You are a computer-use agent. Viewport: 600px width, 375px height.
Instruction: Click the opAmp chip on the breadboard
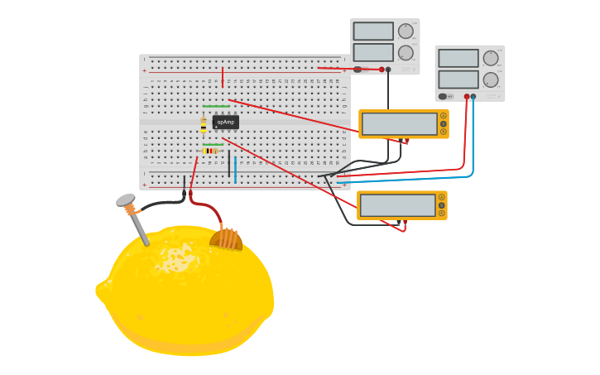(x=225, y=122)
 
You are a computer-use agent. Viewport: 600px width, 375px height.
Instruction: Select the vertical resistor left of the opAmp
(x=204, y=125)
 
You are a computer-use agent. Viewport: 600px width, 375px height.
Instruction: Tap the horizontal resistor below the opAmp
(x=209, y=151)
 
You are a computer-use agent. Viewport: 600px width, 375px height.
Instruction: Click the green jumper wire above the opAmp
(x=216, y=106)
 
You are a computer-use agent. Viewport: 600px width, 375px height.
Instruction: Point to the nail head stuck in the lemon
(x=125, y=200)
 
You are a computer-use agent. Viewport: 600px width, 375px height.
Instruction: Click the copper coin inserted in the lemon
(x=226, y=239)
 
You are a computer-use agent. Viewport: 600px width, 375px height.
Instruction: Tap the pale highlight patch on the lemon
(x=175, y=259)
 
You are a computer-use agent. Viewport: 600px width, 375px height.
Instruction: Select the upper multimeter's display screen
(x=399, y=124)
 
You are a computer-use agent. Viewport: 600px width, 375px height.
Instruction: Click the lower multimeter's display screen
(x=397, y=205)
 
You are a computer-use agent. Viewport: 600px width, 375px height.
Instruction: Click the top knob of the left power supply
(x=406, y=31)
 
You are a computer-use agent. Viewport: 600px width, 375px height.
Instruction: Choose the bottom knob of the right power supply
(x=491, y=80)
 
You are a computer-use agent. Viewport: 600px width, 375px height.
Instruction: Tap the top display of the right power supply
(x=458, y=58)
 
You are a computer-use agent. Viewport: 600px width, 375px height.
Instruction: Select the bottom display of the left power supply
(x=373, y=52)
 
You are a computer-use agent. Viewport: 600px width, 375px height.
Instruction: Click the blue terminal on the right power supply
(x=473, y=97)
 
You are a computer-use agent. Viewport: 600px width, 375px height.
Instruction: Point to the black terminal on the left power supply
(x=388, y=70)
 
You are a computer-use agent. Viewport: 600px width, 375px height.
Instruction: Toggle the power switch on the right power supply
(x=444, y=97)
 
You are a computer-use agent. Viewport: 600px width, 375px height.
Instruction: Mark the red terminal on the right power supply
(x=467, y=97)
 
